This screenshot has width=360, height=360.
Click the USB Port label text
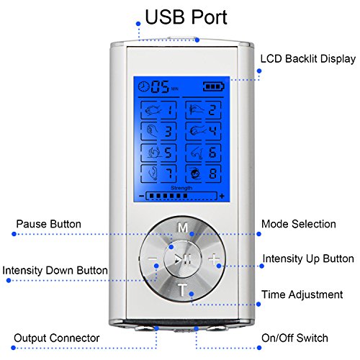click(x=186, y=17)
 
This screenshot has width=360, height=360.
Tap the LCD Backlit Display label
click(x=308, y=59)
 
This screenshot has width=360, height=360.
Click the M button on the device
click(x=183, y=228)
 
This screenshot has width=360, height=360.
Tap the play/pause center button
click(x=183, y=259)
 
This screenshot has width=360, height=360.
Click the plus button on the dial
click(x=214, y=259)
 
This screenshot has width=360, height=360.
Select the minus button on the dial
click(x=153, y=259)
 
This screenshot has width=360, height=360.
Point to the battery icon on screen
click(x=214, y=86)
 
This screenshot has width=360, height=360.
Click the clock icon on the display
click(x=144, y=86)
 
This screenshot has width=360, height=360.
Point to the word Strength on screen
click(x=181, y=188)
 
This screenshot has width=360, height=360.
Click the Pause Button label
click(x=49, y=224)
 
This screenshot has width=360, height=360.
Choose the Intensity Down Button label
click(x=55, y=270)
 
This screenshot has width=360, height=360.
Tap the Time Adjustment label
click(x=302, y=294)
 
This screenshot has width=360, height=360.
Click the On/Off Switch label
click(x=294, y=338)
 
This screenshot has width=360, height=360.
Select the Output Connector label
click(x=57, y=338)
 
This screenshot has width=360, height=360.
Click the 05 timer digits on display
click(x=160, y=86)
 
